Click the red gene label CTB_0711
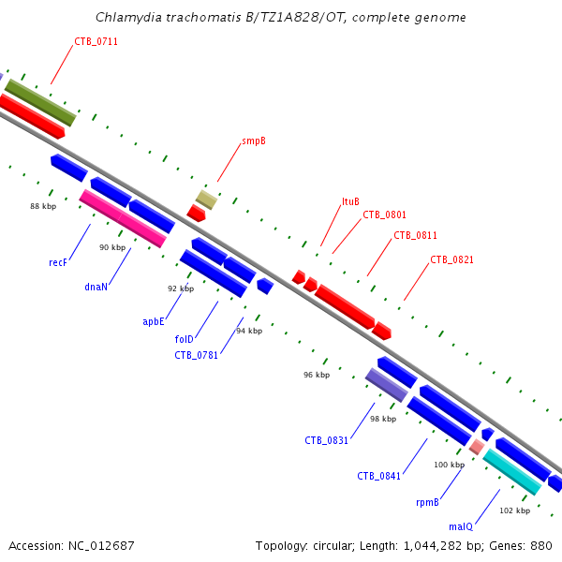coord(96,41)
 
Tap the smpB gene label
coord(253,141)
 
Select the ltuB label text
coord(350,201)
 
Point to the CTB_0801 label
coord(384,215)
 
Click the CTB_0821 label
coord(451,259)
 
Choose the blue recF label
coord(58,263)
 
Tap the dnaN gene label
coord(96,288)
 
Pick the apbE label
coord(154,321)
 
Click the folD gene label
coord(184,339)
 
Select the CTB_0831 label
coord(326,440)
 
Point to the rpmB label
coord(427,503)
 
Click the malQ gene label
coord(461,527)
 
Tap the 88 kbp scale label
coord(43,206)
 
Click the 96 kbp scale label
coord(317,375)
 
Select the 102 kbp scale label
coord(515,510)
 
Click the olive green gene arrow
coord(40,103)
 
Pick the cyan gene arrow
coord(511,472)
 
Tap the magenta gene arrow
coord(123,219)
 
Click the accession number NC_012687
coord(71,545)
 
